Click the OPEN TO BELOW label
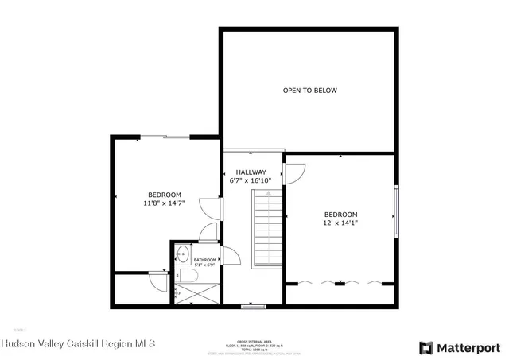[309, 91]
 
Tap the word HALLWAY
[250, 172]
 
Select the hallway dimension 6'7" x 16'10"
[250, 181]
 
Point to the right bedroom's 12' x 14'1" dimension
[340, 223]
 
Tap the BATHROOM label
[205, 260]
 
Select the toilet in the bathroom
[188, 276]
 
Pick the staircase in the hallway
[268, 230]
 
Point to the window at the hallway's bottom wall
[253, 305]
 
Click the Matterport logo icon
[426, 347]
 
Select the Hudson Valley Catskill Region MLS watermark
[78, 344]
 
